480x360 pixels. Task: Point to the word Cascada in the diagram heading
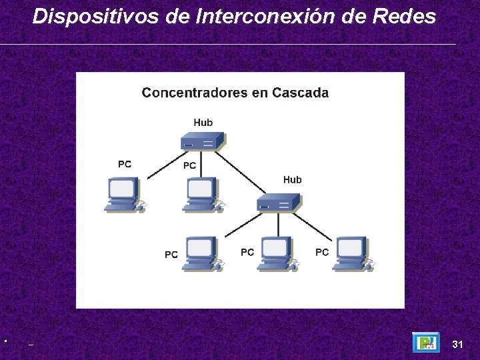click(x=299, y=93)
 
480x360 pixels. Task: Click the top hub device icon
click(x=202, y=141)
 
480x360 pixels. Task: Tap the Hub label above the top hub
click(x=203, y=123)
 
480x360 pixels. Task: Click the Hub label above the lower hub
click(x=292, y=180)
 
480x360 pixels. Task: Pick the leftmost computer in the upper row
click(x=123, y=194)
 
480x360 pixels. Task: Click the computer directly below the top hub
click(x=201, y=194)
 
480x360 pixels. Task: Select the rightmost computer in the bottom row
click(x=351, y=253)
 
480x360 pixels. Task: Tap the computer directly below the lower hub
click(x=276, y=253)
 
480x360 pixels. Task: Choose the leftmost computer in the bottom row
click(x=201, y=253)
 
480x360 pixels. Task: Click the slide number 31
click(x=457, y=345)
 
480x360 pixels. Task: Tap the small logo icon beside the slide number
click(x=425, y=342)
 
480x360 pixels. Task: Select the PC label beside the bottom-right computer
click(x=322, y=252)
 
